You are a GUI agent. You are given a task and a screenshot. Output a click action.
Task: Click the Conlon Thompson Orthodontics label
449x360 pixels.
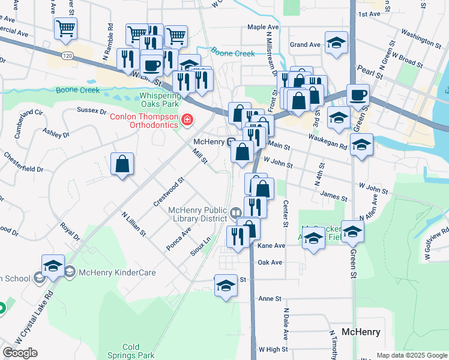point(144,120)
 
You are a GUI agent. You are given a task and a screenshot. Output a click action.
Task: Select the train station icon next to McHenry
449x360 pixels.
point(231,142)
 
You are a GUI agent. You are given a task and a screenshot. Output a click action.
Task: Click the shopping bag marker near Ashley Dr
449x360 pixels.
point(122,164)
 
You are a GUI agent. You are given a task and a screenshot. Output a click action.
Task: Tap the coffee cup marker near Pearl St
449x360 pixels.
point(358,95)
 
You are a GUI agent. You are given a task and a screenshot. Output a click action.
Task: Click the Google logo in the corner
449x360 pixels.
point(20,353)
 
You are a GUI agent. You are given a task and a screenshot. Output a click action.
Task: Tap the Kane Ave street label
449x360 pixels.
point(271,246)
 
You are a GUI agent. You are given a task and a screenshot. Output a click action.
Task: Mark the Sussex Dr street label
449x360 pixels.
point(92,110)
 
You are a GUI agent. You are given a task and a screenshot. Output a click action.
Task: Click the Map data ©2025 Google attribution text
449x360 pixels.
point(412,355)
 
